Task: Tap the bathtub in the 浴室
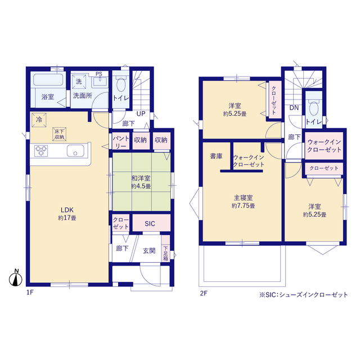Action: tap(48, 80)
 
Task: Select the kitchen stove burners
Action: tap(41, 151)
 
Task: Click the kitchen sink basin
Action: tap(75, 151)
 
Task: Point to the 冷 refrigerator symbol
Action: tap(39, 120)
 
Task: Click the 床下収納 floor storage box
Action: tap(59, 134)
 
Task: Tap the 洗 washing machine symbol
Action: tap(79, 81)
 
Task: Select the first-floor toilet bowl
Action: tap(121, 84)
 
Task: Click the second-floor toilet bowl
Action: tap(314, 108)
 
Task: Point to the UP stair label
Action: tap(141, 114)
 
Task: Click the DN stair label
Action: tap(294, 107)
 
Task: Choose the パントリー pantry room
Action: tap(121, 142)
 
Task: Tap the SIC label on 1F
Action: tap(150, 223)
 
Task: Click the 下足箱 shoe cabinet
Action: tap(165, 248)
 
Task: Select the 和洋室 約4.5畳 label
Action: tap(141, 182)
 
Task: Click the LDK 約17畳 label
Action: tap(67, 214)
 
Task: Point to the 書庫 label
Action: tap(216, 156)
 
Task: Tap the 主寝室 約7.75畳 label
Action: tap(244, 201)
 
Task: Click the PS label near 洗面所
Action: tap(99, 74)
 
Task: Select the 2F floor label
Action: tap(204, 293)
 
